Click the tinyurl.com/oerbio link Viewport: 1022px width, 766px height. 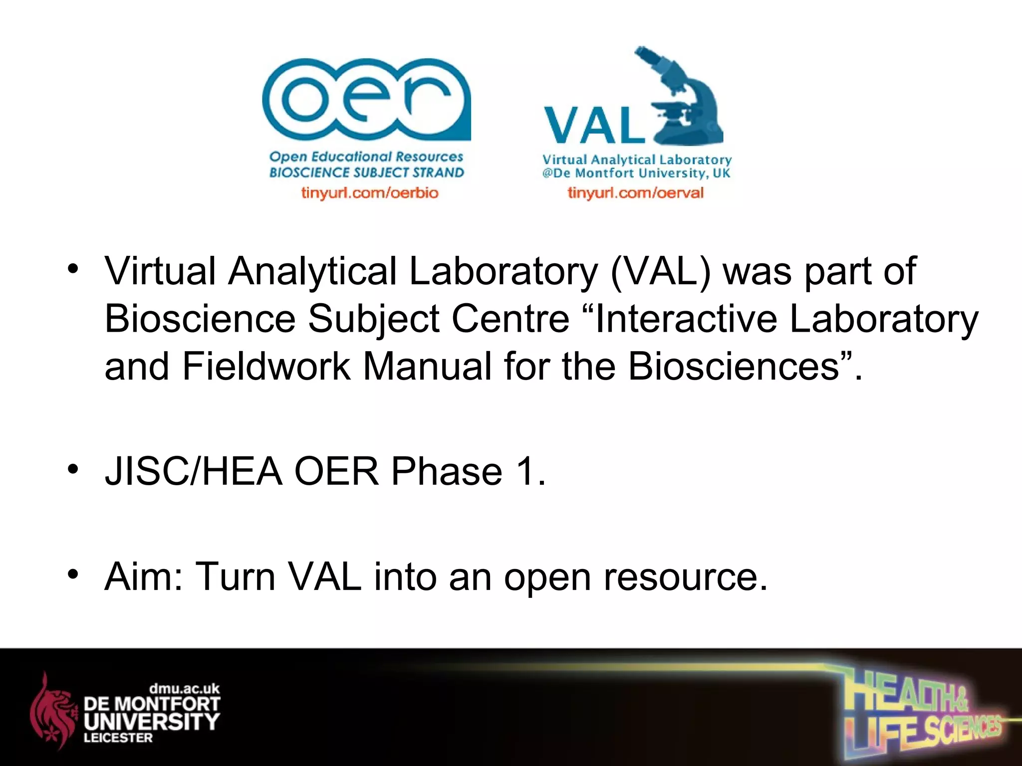pos(370,192)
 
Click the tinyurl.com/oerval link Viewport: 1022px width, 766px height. pos(635,192)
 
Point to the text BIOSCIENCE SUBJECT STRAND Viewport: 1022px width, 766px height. pos(367,173)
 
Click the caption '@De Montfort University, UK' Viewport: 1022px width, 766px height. pos(636,173)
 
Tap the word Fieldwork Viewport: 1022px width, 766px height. pos(266,367)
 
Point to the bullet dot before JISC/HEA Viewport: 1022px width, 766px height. pos(73,469)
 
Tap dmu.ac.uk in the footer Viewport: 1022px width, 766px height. pos(184,689)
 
